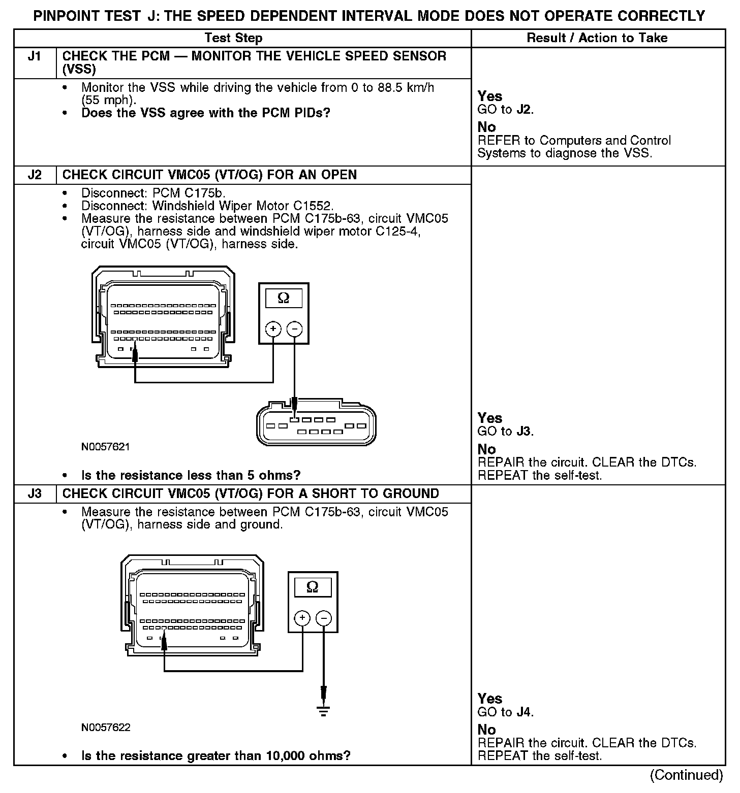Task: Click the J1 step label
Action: (x=35, y=56)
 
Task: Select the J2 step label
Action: (x=35, y=175)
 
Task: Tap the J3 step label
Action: (x=35, y=494)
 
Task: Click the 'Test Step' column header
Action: (x=233, y=38)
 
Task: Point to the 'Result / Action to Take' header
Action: (x=597, y=38)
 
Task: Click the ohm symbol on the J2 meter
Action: (x=284, y=298)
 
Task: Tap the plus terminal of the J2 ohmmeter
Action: (x=273, y=329)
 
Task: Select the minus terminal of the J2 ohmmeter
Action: (x=294, y=329)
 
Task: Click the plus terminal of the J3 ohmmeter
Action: (x=302, y=618)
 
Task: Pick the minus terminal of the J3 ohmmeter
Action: (x=324, y=618)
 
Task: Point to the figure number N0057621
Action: (x=105, y=447)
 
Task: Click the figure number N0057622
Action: (x=106, y=728)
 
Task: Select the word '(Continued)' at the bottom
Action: (x=686, y=775)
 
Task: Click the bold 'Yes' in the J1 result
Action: (x=490, y=96)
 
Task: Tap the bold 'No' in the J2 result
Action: (x=486, y=449)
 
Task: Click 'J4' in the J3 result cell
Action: (x=523, y=712)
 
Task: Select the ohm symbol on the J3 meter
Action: (x=313, y=587)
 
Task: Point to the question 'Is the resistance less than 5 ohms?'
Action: (x=191, y=476)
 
